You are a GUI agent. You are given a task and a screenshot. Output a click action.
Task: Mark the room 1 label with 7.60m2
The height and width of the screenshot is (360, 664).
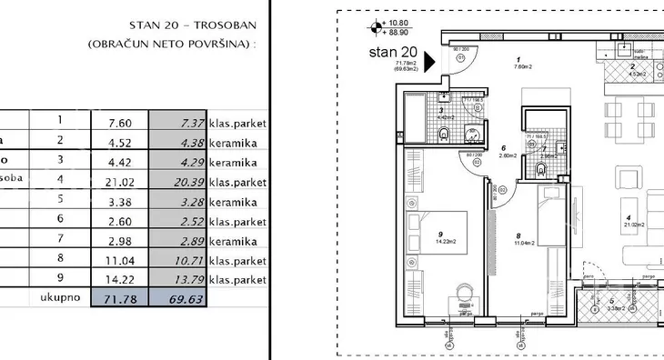click(518, 61)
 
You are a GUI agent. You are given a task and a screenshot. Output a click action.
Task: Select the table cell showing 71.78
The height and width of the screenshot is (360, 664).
click(122, 297)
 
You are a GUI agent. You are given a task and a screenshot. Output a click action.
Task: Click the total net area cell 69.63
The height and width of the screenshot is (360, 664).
click(185, 297)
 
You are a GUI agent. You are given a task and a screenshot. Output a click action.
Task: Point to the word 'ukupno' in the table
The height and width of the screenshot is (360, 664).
click(61, 297)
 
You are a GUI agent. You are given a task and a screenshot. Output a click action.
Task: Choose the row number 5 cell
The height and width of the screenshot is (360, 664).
click(61, 200)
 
